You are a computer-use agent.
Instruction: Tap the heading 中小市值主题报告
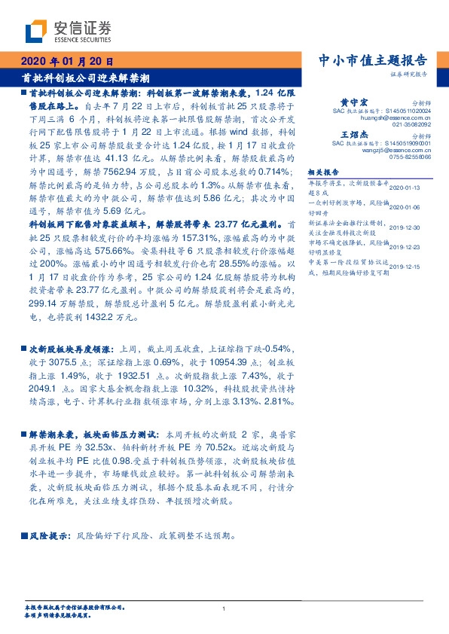[x=374, y=61]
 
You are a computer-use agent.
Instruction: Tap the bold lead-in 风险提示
[x=50, y=515]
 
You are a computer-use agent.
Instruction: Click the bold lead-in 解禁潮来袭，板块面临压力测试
[x=94, y=434]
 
